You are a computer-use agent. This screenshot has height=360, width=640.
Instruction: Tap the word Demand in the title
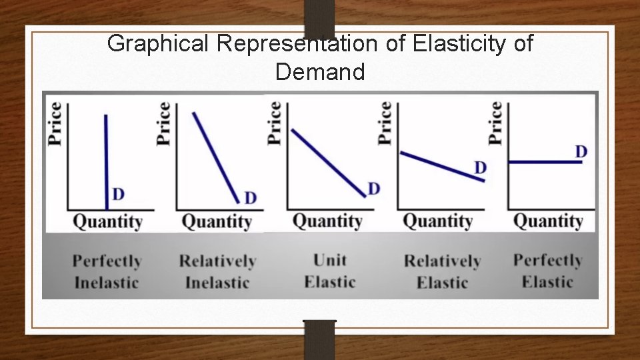coord(320,71)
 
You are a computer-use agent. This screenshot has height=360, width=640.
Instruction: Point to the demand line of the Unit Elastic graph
coord(328,162)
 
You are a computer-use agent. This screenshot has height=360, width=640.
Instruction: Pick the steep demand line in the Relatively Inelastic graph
coord(215,156)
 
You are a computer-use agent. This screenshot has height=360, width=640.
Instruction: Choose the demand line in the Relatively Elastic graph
coord(440,165)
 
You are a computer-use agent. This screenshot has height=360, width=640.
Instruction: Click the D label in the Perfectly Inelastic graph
coord(118,195)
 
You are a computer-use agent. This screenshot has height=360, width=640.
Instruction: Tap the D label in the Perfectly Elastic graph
coord(581,152)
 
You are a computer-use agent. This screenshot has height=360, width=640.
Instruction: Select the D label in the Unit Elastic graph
coord(373,189)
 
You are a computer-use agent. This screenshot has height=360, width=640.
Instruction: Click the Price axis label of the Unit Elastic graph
coord(274,123)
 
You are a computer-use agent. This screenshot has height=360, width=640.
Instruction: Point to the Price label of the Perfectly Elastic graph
coord(495,123)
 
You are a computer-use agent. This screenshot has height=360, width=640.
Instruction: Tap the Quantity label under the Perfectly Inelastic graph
coord(107,221)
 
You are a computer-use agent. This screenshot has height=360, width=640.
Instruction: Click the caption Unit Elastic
coord(329,271)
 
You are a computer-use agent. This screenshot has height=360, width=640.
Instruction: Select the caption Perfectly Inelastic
coord(107,271)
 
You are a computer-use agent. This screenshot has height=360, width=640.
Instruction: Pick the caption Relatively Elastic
coord(442,271)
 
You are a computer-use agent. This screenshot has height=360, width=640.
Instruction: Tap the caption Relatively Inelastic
coord(217,271)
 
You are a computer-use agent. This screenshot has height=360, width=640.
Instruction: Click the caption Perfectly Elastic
coord(547,271)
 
